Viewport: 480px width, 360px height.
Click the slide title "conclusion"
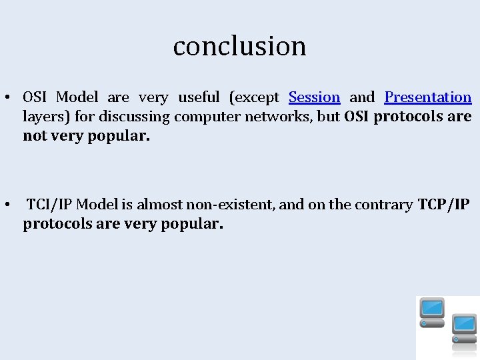coord(239,46)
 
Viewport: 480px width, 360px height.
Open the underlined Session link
coord(314,97)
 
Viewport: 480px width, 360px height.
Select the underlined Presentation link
coord(428,97)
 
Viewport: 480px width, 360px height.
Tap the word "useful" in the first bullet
coord(198,97)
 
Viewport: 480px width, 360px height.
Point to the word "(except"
coord(254,97)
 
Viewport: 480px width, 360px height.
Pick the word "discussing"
coord(133,117)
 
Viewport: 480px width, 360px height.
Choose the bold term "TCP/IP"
coord(444,205)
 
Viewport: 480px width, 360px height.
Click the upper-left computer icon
coord(432,312)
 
